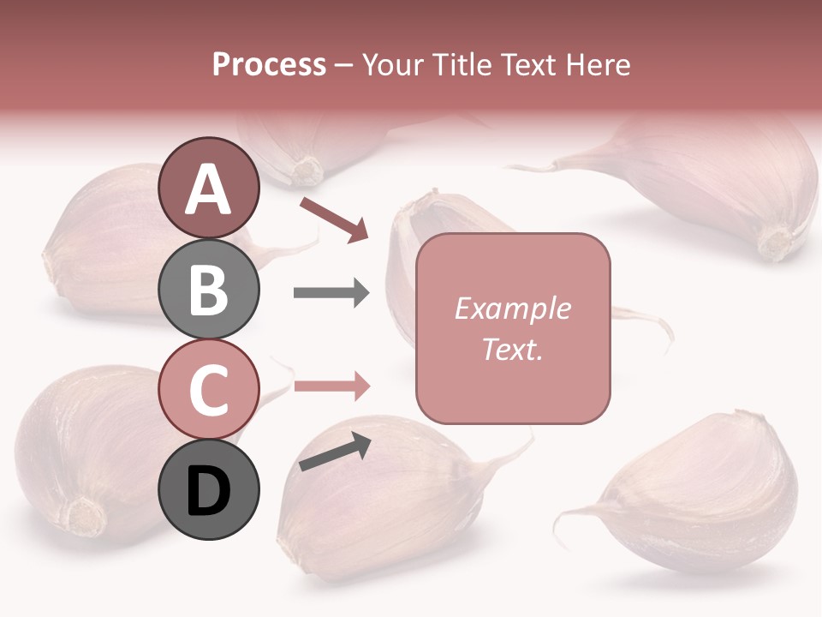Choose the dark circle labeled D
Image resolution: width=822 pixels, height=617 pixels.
[x=209, y=490]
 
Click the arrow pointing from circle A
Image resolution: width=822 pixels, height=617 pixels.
[x=334, y=219]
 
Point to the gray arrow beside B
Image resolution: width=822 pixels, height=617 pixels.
[x=331, y=293]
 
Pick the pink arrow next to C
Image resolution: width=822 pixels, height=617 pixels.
[x=331, y=386]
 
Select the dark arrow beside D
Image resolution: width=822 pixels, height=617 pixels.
[x=335, y=453]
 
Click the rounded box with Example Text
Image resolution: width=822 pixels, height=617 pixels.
[x=513, y=328]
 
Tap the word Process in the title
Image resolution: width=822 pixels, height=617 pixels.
[x=269, y=64]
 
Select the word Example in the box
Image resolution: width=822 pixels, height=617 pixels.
[x=513, y=308]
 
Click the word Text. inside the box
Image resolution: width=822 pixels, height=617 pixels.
[x=513, y=349]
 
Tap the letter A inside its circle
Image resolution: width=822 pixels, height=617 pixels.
[x=209, y=189]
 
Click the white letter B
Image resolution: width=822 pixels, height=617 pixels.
[x=209, y=290]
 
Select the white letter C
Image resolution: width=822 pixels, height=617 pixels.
[x=209, y=390]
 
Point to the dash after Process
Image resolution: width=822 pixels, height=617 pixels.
[x=344, y=65]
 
